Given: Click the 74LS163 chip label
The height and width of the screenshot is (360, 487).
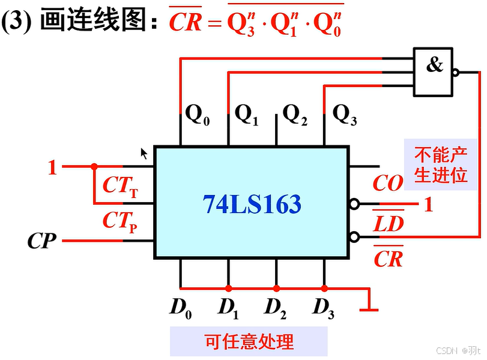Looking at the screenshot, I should point(252,205).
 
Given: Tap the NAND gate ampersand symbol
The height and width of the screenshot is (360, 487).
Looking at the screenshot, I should point(434,65).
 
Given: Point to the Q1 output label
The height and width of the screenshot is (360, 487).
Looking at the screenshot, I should point(246,114).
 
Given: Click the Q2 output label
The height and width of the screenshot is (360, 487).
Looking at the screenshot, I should point(295,114).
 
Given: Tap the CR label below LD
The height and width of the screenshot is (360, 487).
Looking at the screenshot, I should point(388,259).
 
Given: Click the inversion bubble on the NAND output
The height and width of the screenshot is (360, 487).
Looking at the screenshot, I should point(456,73).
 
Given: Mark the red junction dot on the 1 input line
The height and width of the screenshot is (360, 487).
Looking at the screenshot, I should point(94,167).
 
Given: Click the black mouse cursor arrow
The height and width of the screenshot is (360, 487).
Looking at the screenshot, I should point(144,153).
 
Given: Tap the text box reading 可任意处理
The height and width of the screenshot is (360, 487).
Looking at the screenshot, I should point(249,342).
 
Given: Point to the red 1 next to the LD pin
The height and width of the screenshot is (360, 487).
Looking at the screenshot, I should point(428,205).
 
